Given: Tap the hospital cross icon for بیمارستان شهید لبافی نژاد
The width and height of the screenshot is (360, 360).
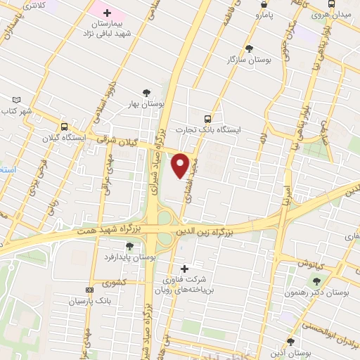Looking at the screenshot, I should coord(107,13).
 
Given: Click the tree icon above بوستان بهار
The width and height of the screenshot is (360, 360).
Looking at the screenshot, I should coord(146,93).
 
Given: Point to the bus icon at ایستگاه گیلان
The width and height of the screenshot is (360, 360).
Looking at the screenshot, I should coord(64,127).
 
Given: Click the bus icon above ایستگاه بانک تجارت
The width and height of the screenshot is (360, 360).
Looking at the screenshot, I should coord(207,119).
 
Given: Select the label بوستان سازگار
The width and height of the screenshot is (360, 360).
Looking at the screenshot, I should coord(250,60).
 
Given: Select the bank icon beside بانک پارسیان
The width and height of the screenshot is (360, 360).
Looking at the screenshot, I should coord(89,290).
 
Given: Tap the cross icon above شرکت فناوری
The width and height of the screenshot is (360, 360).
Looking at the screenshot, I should coord(185,269).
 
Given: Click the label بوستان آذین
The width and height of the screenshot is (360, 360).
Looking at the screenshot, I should coord(290,352).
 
